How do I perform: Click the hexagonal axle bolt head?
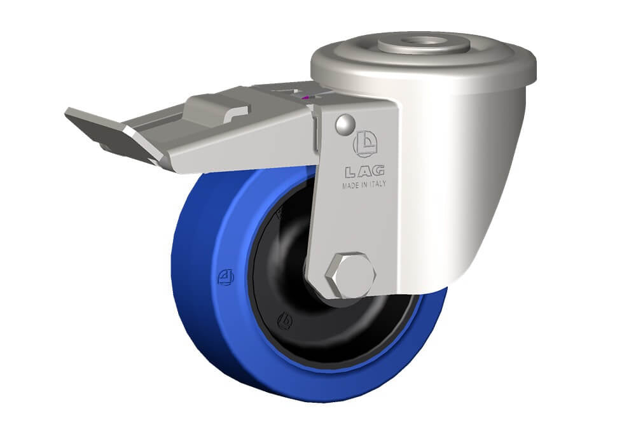tap(350, 276)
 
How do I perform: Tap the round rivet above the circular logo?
tap(345, 123)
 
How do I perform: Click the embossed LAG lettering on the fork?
tap(365, 172)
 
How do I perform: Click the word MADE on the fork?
tap(350, 186)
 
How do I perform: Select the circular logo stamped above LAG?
tap(365, 144)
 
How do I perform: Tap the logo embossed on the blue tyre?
tap(226, 277)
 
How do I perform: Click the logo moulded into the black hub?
tap(285, 322)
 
